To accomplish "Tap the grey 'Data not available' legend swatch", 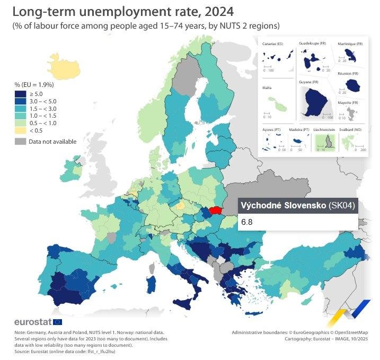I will point(21,142).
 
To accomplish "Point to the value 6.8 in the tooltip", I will point(246,222).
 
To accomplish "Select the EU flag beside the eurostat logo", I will point(58,322).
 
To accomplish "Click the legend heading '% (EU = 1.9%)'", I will point(34,84).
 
